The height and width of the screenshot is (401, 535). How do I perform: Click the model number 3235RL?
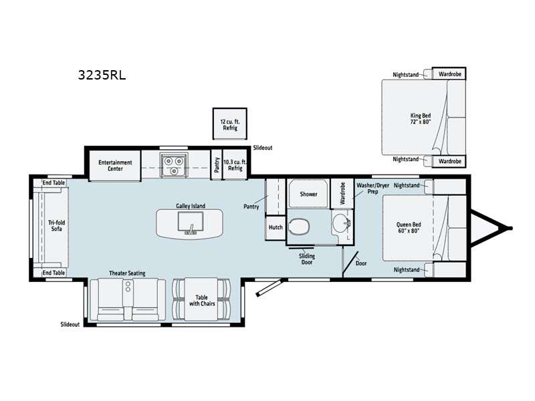tap(102, 75)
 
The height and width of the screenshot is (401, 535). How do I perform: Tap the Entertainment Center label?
tap(115, 165)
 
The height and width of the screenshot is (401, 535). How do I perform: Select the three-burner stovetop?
tap(174, 165)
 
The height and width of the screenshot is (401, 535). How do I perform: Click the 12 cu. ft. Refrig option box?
tap(229, 124)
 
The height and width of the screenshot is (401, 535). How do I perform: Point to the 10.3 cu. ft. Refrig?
tap(235, 165)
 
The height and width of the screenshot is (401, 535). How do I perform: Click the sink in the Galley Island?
tap(191, 223)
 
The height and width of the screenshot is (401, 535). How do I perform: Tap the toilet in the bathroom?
tap(299, 227)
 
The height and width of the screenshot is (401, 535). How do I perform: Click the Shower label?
tap(308, 194)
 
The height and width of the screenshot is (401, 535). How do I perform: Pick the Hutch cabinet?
tap(276, 227)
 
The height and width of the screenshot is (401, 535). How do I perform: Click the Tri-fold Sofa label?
tap(56, 225)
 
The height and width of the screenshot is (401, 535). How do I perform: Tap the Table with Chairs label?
tap(202, 300)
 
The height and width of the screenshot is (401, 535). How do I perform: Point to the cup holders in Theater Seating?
tap(128, 287)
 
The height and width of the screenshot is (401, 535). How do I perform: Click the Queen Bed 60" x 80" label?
tap(409, 227)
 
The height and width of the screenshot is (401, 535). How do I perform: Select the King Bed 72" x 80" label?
tap(421, 118)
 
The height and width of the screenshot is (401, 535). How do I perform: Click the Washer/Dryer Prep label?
tap(372, 188)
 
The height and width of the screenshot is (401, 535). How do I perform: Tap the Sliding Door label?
tap(307, 259)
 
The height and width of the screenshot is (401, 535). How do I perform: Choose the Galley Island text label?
tap(191, 206)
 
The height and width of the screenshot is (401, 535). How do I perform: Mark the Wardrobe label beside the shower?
tap(342, 193)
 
